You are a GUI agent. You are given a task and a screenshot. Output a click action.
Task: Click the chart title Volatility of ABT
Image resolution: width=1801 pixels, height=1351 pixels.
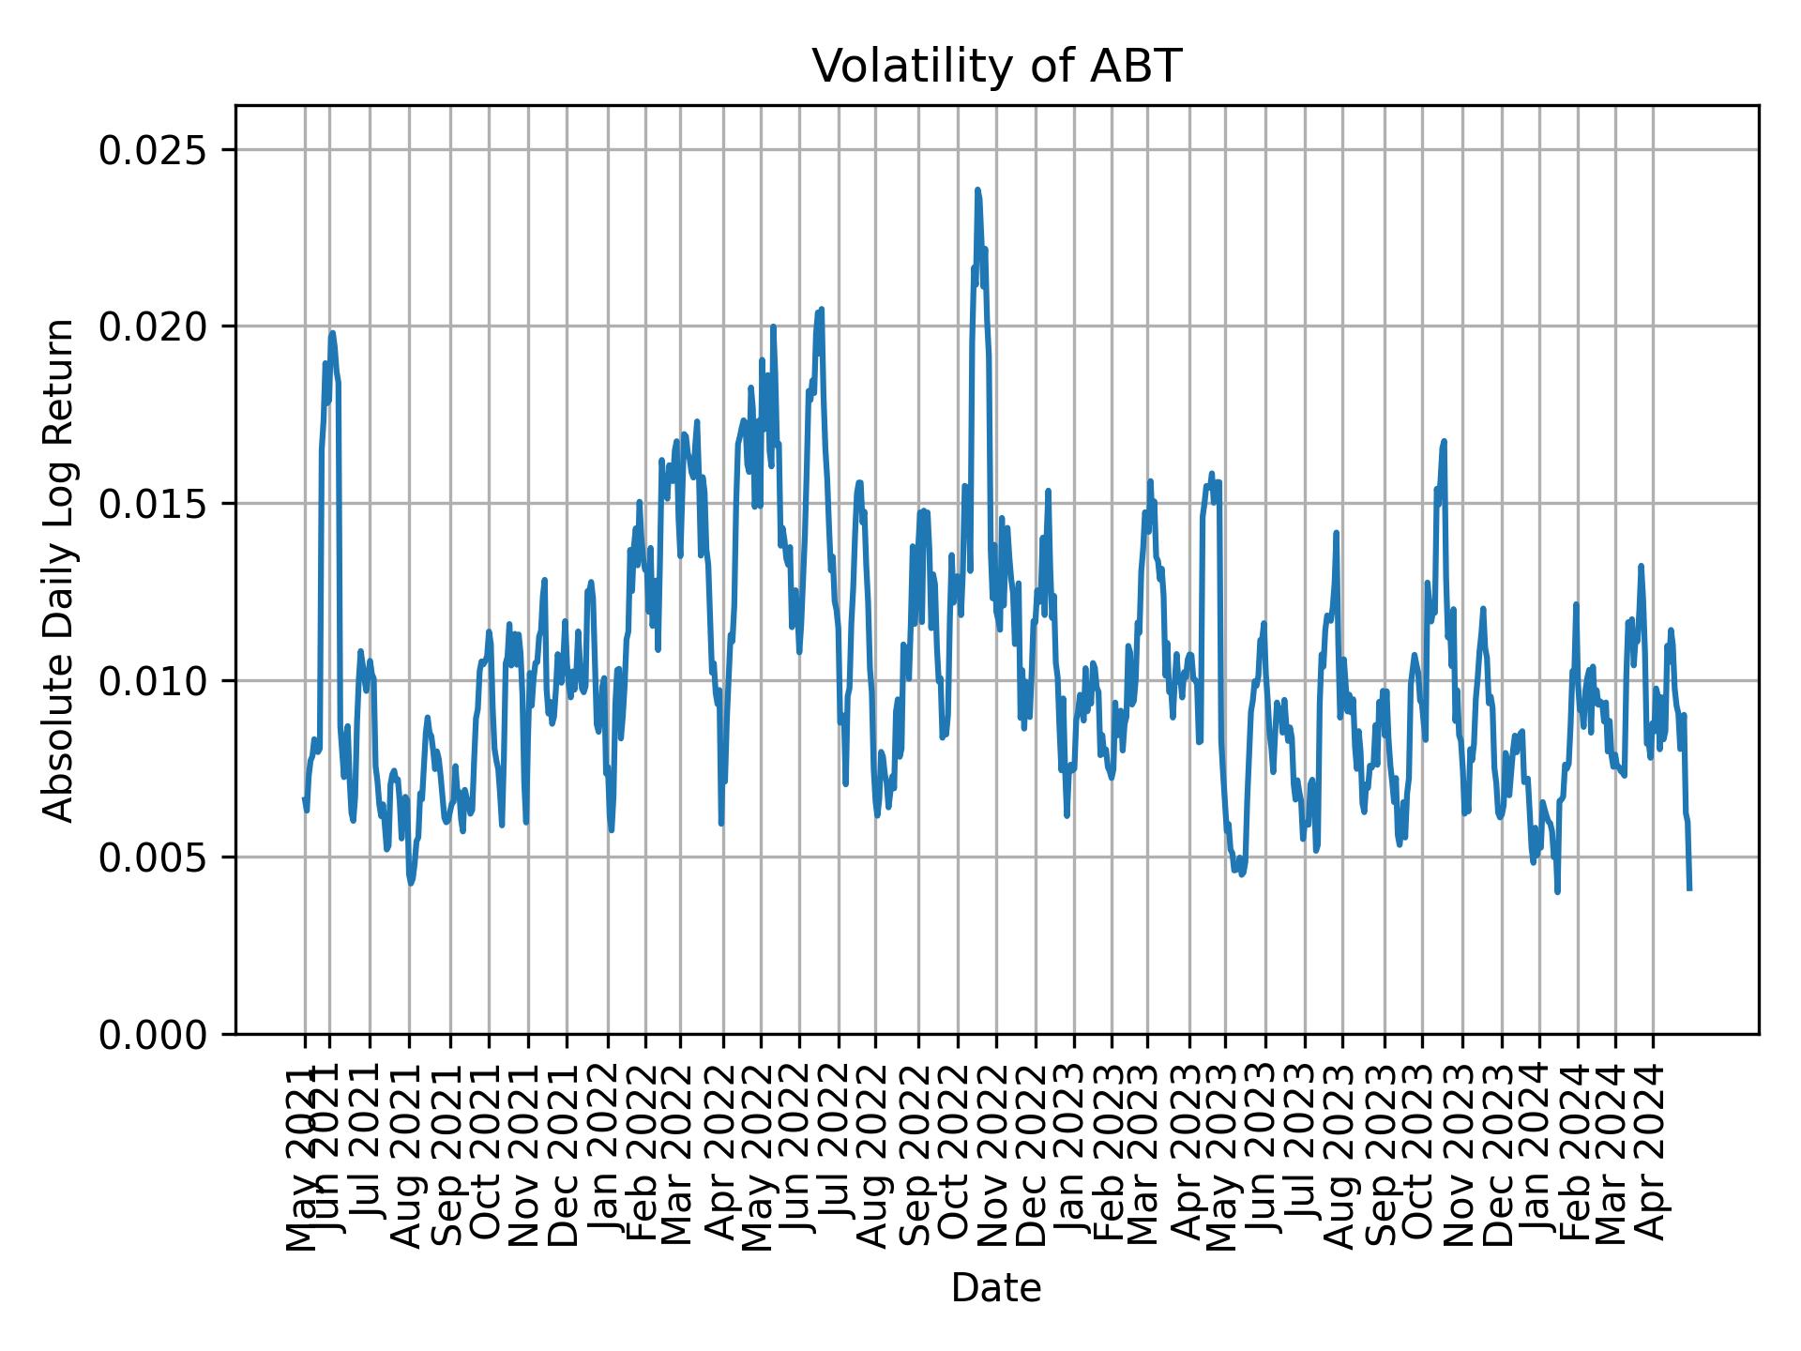tap(995, 68)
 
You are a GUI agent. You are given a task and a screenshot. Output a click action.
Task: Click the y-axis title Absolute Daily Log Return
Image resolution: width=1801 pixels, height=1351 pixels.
tap(60, 569)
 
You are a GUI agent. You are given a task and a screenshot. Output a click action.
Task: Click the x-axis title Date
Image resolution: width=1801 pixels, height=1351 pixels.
tap(995, 1288)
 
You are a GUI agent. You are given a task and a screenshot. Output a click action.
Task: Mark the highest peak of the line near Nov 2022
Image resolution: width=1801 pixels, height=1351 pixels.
tap(977, 190)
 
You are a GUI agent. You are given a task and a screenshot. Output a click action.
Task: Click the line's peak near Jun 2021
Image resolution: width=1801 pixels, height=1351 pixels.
tap(332, 332)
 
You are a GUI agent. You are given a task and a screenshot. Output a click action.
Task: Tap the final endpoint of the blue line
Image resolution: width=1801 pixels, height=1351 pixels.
tap(1689, 888)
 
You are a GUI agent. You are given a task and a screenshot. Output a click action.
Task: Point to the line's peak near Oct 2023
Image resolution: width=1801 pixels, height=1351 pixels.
tap(1445, 441)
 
